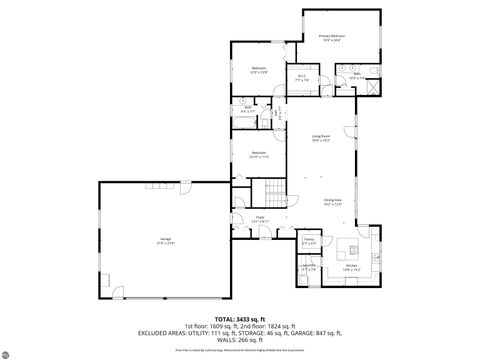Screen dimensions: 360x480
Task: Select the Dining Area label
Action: tap(333, 200)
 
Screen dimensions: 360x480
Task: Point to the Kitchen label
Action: tap(353, 266)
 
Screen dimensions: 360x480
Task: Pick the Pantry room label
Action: tap(309, 242)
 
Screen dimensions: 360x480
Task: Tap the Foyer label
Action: tap(258, 218)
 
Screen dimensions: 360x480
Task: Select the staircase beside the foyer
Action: tap(270, 192)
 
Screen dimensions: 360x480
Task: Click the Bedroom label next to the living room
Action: tap(259, 154)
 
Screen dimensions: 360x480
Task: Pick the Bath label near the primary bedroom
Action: tap(356, 74)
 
